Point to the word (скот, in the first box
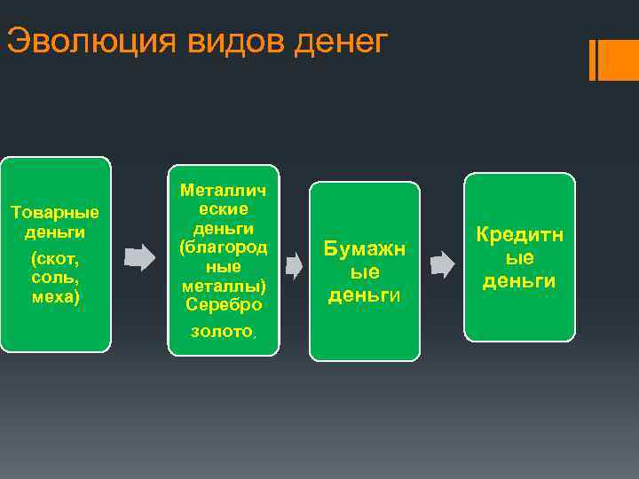pos(54,258)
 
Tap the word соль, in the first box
pos(54,278)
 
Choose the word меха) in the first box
pos(54,297)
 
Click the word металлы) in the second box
pos(224,286)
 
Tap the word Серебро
pos(224,305)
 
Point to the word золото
pos(222,332)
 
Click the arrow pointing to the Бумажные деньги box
pos(294,264)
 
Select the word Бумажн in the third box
pos(364,249)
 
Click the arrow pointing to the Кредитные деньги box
pos(442,264)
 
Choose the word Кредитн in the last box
pos(519,235)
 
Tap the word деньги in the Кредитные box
pos(519,281)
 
